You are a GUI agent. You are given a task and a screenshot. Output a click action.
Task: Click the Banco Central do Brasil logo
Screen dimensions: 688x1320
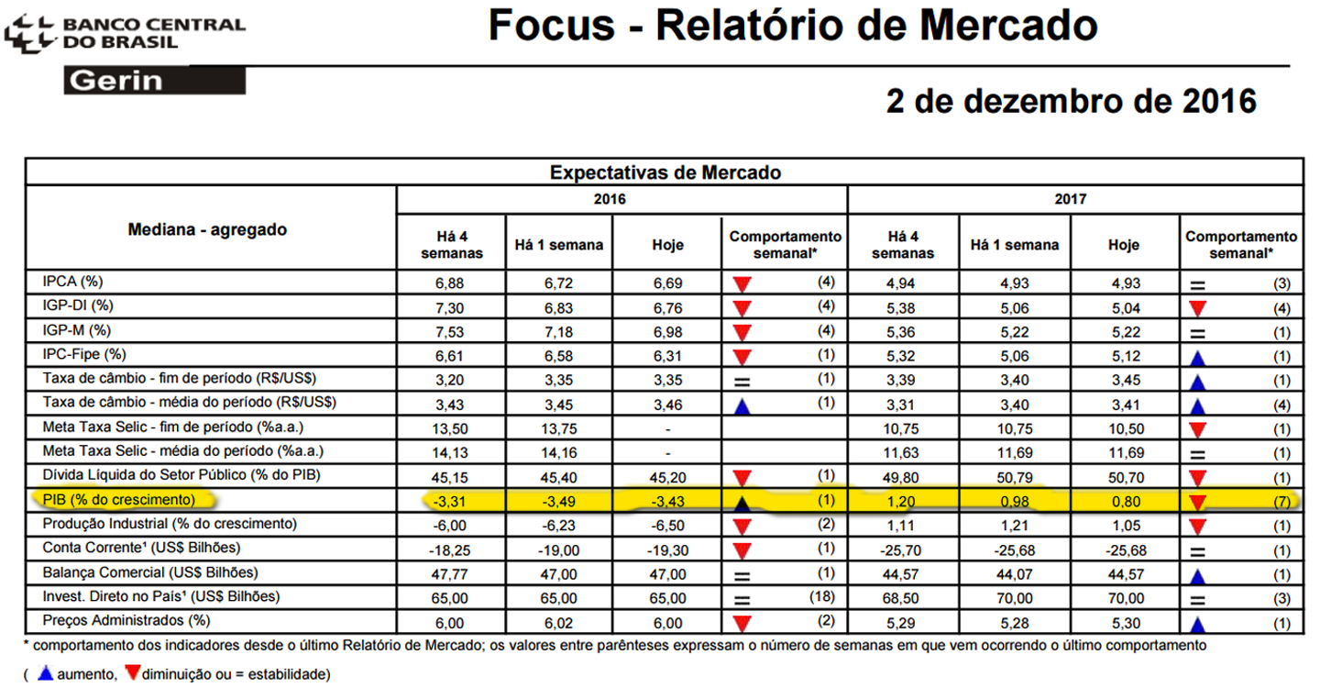click(124, 33)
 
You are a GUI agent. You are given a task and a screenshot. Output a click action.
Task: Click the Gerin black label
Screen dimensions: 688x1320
click(154, 82)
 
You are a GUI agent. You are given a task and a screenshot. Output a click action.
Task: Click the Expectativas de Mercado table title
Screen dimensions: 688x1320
click(665, 172)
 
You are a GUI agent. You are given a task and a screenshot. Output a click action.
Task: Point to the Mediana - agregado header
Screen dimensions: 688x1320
click(207, 229)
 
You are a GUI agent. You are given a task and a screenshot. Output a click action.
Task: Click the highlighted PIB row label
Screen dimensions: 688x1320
click(118, 499)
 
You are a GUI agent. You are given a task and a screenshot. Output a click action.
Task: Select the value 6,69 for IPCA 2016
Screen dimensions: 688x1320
click(667, 282)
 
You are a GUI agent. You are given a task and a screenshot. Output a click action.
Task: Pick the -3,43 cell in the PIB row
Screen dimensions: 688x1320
click(667, 500)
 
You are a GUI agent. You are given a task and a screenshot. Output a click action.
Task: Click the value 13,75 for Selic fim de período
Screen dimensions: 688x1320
click(559, 427)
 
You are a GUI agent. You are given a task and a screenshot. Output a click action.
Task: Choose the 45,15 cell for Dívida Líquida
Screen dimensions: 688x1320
click(452, 476)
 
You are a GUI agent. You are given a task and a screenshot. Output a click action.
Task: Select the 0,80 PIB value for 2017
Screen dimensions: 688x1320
click(1124, 500)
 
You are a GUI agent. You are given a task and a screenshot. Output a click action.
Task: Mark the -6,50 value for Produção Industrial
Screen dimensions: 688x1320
click(667, 525)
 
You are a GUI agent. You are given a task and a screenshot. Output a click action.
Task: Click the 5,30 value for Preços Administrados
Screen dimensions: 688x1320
click(1124, 624)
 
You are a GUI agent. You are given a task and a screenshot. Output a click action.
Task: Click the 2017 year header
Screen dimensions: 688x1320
click(1075, 198)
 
